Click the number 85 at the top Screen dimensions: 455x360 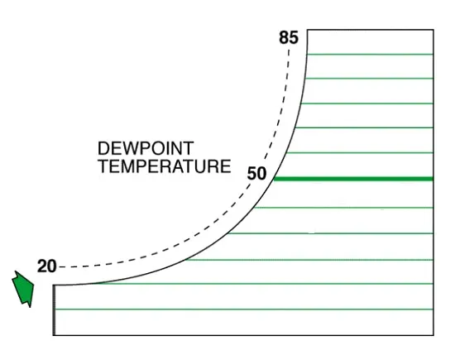289,38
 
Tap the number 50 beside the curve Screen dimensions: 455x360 256,174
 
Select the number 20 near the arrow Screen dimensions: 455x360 46,266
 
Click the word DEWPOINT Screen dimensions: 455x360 146,148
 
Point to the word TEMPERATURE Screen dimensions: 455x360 165,166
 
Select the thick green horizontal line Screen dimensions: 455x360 353,179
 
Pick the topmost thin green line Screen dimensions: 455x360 370,55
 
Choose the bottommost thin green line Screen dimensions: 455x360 244,310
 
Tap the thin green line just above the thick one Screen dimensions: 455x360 360,153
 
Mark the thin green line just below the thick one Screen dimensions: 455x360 343,208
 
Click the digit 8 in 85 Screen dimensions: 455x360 284,38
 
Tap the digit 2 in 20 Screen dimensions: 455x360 42,266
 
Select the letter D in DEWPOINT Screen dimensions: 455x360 103,148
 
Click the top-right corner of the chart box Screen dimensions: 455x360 433,29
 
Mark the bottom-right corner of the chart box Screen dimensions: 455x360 433,335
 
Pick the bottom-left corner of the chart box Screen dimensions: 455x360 54,335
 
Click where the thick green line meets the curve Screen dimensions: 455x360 274,179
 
